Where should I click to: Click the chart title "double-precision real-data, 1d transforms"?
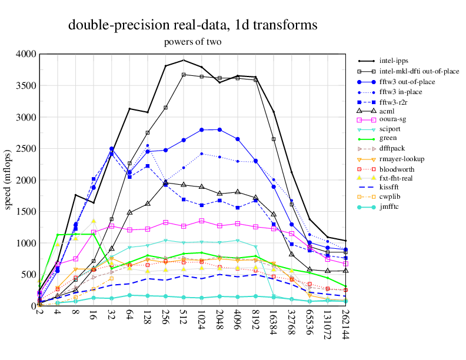coord(192,25)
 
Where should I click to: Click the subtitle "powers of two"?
coord(192,42)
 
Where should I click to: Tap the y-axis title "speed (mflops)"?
coord(8,180)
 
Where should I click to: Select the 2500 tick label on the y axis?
coord(25,149)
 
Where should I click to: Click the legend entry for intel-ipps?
coord(394,61)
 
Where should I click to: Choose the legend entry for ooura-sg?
coord(394,119)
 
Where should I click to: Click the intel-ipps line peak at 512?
coord(184,60)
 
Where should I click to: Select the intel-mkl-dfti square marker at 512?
coord(184,75)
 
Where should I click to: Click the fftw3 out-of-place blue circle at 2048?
coord(219,129)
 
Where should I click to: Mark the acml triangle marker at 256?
coord(165,183)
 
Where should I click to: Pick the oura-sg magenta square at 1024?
coord(202,221)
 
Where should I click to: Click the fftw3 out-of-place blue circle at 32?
coord(112,149)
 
